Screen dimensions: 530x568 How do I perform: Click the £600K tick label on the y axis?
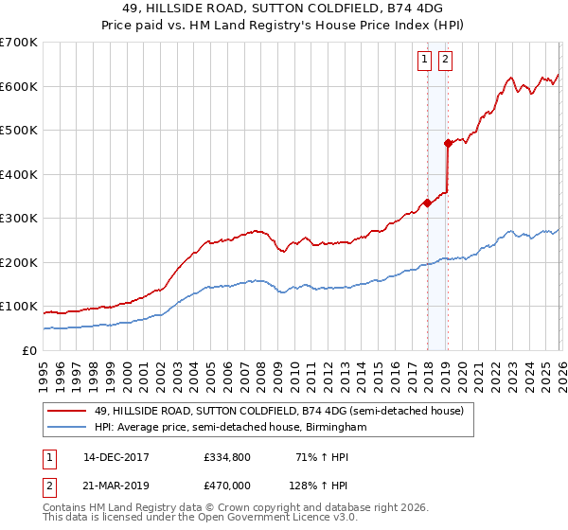coord(18,86)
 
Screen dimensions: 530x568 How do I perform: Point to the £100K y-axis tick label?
coord(18,307)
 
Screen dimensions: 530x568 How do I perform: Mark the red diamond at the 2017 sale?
coord(427,203)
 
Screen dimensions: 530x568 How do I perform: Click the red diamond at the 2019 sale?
coord(448,143)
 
